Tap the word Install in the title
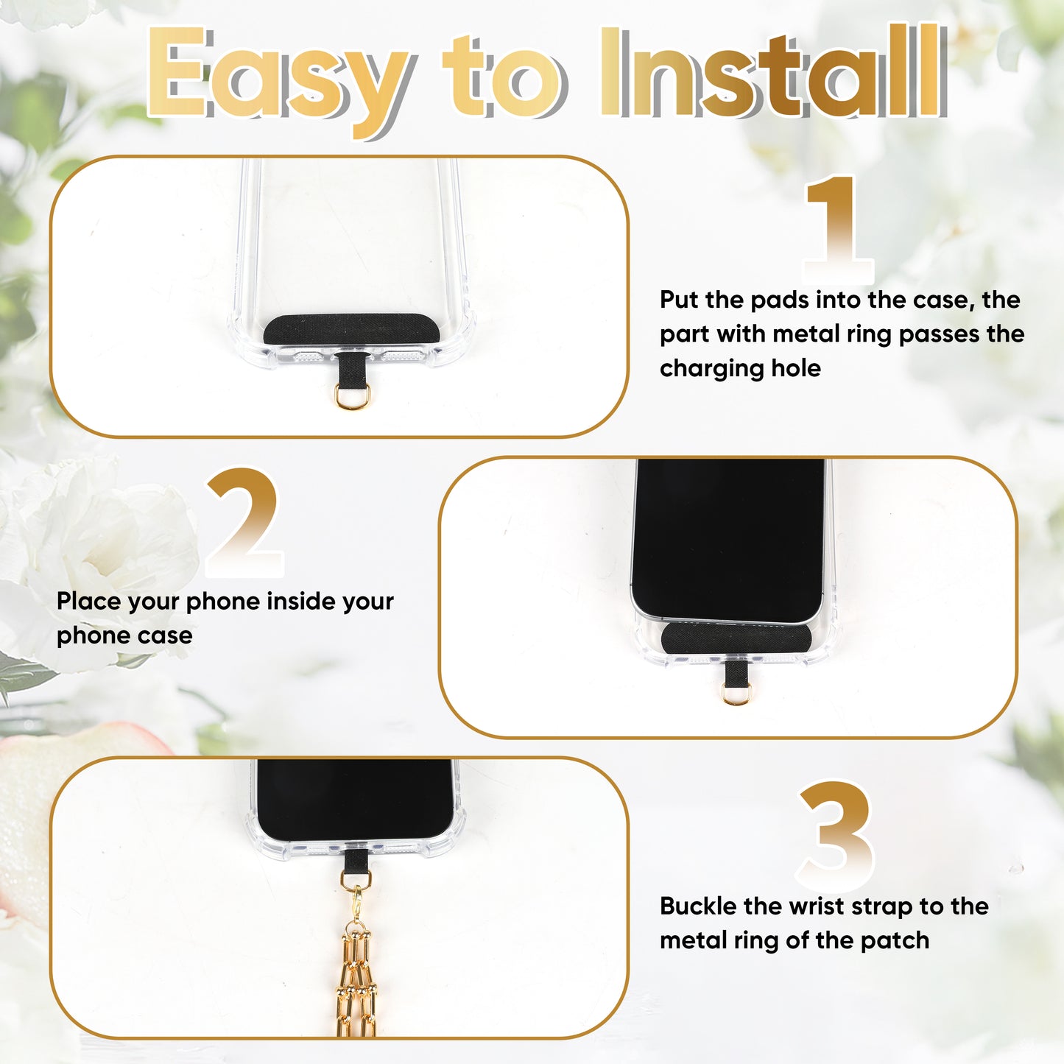[x=773, y=71]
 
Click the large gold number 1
[x=837, y=228]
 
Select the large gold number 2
[x=244, y=522]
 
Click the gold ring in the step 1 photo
[x=352, y=397]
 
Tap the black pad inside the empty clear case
[x=351, y=329]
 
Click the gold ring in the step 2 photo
[x=737, y=694]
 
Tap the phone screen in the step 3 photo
[x=355, y=799]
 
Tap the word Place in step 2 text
[x=88, y=602]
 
